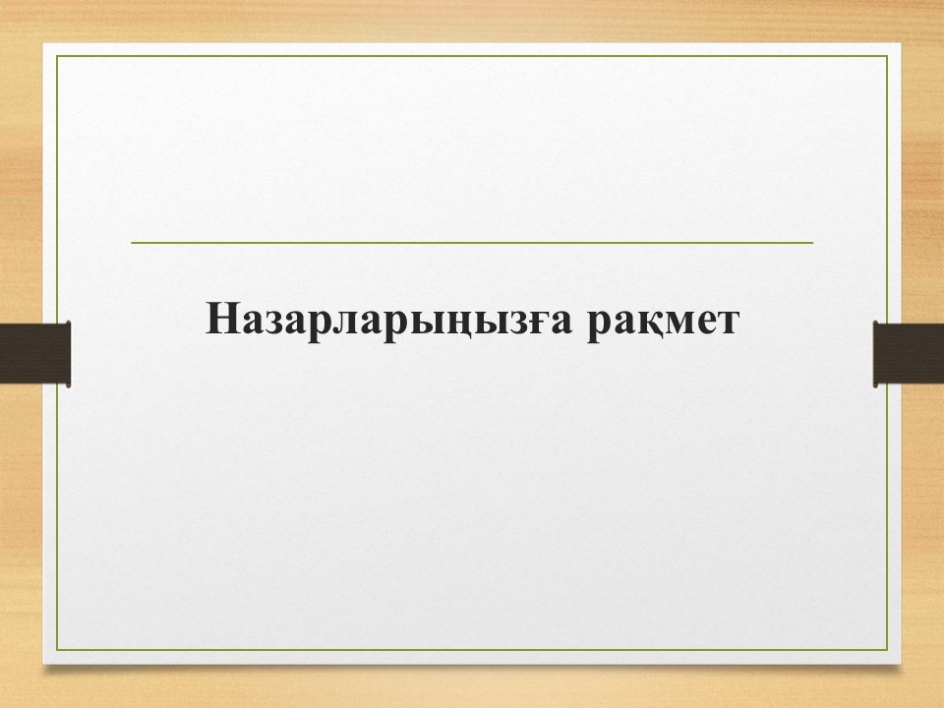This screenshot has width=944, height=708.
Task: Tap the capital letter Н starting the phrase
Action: click(221, 318)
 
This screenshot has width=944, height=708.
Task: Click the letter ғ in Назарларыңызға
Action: click(536, 322)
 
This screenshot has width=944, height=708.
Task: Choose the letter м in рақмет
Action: click(678, 322)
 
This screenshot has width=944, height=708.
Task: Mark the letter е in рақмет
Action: click(705, 322)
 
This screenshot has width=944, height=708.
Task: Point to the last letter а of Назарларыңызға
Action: click(560, 322)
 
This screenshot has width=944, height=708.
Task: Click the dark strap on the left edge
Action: click(35, 353)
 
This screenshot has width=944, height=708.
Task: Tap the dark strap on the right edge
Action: click(909, 354)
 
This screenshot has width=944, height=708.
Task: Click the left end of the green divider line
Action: click(131, 243)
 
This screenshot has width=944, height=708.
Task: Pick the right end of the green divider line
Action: click(813, 243)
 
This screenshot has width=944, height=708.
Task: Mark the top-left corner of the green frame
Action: click(57, 56)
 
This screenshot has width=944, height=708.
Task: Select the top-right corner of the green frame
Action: click(887, 56)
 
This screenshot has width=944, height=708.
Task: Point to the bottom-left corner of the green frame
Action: click(57, 650)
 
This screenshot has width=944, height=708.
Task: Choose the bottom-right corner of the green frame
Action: click(887, 650)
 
